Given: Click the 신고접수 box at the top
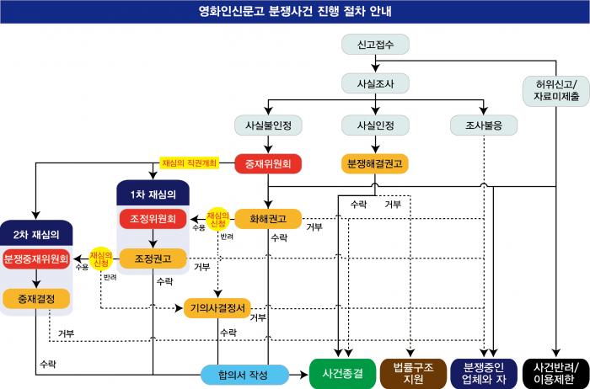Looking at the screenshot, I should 375,43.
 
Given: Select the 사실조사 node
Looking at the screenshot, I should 375,83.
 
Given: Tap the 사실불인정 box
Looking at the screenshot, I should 267,125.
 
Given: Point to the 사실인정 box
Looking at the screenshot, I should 375,125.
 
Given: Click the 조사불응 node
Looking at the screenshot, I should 484,125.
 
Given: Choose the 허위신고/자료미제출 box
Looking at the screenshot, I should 556,89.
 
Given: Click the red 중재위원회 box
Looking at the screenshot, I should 267,163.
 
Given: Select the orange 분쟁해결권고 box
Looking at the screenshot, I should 375,163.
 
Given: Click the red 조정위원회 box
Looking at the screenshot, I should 153,219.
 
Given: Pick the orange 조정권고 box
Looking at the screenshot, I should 153,258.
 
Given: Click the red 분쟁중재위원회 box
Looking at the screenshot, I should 35,258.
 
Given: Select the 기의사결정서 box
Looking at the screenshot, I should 217,308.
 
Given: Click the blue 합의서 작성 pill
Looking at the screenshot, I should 244,374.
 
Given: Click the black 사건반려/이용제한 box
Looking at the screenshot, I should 556,372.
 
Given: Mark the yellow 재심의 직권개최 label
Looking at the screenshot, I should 190,162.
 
